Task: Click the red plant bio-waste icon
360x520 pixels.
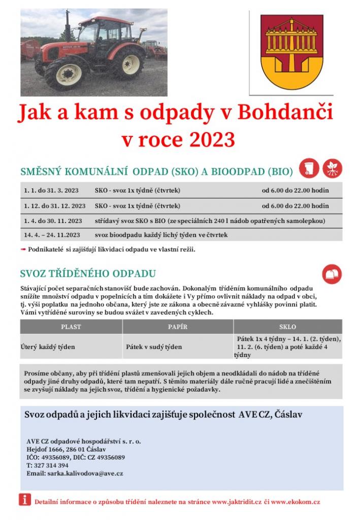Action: [333, 169]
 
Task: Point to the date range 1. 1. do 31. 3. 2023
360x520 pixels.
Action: [51, 190]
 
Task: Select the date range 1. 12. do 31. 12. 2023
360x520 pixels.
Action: [54, 206]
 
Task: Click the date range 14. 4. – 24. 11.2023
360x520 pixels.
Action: [52, 235]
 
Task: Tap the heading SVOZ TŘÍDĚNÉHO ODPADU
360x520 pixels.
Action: [87, 273]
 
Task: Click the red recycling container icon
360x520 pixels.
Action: [332, 274]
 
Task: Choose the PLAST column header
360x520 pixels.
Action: [71, 327]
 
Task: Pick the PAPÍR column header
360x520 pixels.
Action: [178, 327]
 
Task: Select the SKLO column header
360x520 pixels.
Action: [287, 327]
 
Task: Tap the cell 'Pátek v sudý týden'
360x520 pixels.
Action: [154, 347]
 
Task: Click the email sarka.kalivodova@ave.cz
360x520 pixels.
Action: [75, 473]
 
